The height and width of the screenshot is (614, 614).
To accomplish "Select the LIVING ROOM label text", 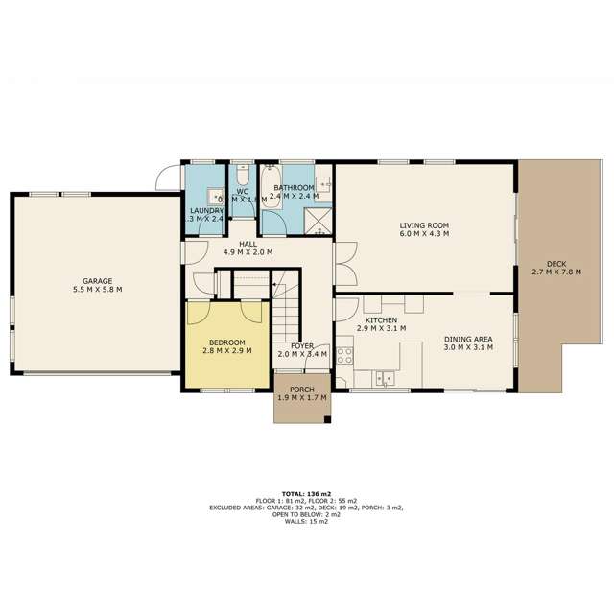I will (x=425, y=226).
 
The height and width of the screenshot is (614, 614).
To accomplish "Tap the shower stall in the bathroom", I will (x=317, y=222).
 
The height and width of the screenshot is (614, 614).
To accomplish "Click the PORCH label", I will (x=302, y=389).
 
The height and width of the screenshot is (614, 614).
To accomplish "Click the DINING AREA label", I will (x=468, y=338).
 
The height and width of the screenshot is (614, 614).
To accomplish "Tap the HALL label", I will (x=248, y=244).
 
